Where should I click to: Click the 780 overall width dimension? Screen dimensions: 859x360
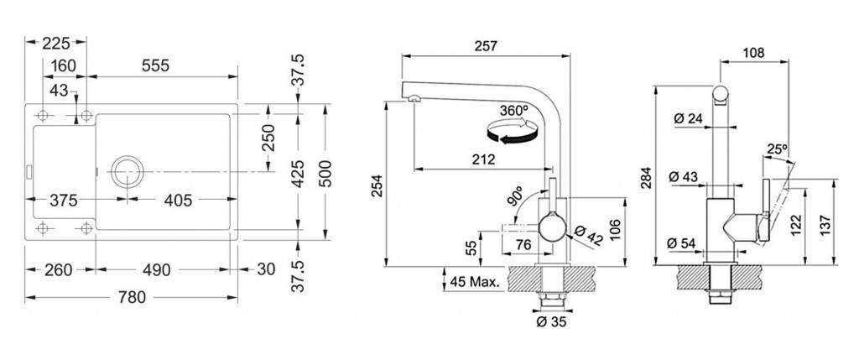(x=132, y=298)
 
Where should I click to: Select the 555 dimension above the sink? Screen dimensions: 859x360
(x=155, y=65)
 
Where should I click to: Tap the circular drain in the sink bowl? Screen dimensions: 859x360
(x=128, y=171)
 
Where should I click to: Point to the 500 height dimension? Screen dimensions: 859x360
(x=325, y=174)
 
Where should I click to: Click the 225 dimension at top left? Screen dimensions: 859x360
(x=56, y=43)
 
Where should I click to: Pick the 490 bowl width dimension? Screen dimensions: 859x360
(x=156, y=269)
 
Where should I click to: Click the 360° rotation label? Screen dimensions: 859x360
(x=514, y=110)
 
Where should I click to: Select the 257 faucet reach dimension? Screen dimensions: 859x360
(x=486, y=46)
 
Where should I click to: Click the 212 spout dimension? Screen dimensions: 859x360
(x=484, y=160)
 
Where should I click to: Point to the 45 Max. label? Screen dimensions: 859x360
(x=475, y=283)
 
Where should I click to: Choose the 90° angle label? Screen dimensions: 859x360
(x=516, y=196)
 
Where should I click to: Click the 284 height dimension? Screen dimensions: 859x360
(x=648, y=177)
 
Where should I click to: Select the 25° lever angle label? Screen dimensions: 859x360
(x=776, y=149)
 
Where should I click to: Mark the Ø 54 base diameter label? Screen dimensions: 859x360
(x=681, y=243)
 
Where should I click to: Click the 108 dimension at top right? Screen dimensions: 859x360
(x=754, y=53)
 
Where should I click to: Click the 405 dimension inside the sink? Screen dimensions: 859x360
(x=179, y=201)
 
